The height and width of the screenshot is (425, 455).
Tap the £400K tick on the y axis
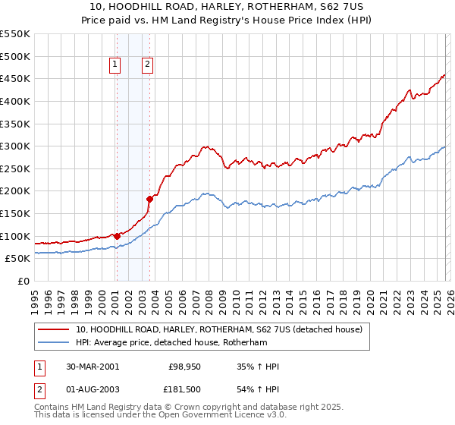(15, 101)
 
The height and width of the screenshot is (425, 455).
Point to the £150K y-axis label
(15, 213)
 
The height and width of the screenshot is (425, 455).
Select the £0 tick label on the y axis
(24, 281)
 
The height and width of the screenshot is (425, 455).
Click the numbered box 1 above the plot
(115, 65)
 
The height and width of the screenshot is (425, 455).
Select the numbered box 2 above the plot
(147, 65)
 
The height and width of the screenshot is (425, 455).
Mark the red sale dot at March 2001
(118, 236)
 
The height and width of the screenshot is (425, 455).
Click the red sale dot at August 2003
(149, 199)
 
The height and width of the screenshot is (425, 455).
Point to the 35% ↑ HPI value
(258, 367)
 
